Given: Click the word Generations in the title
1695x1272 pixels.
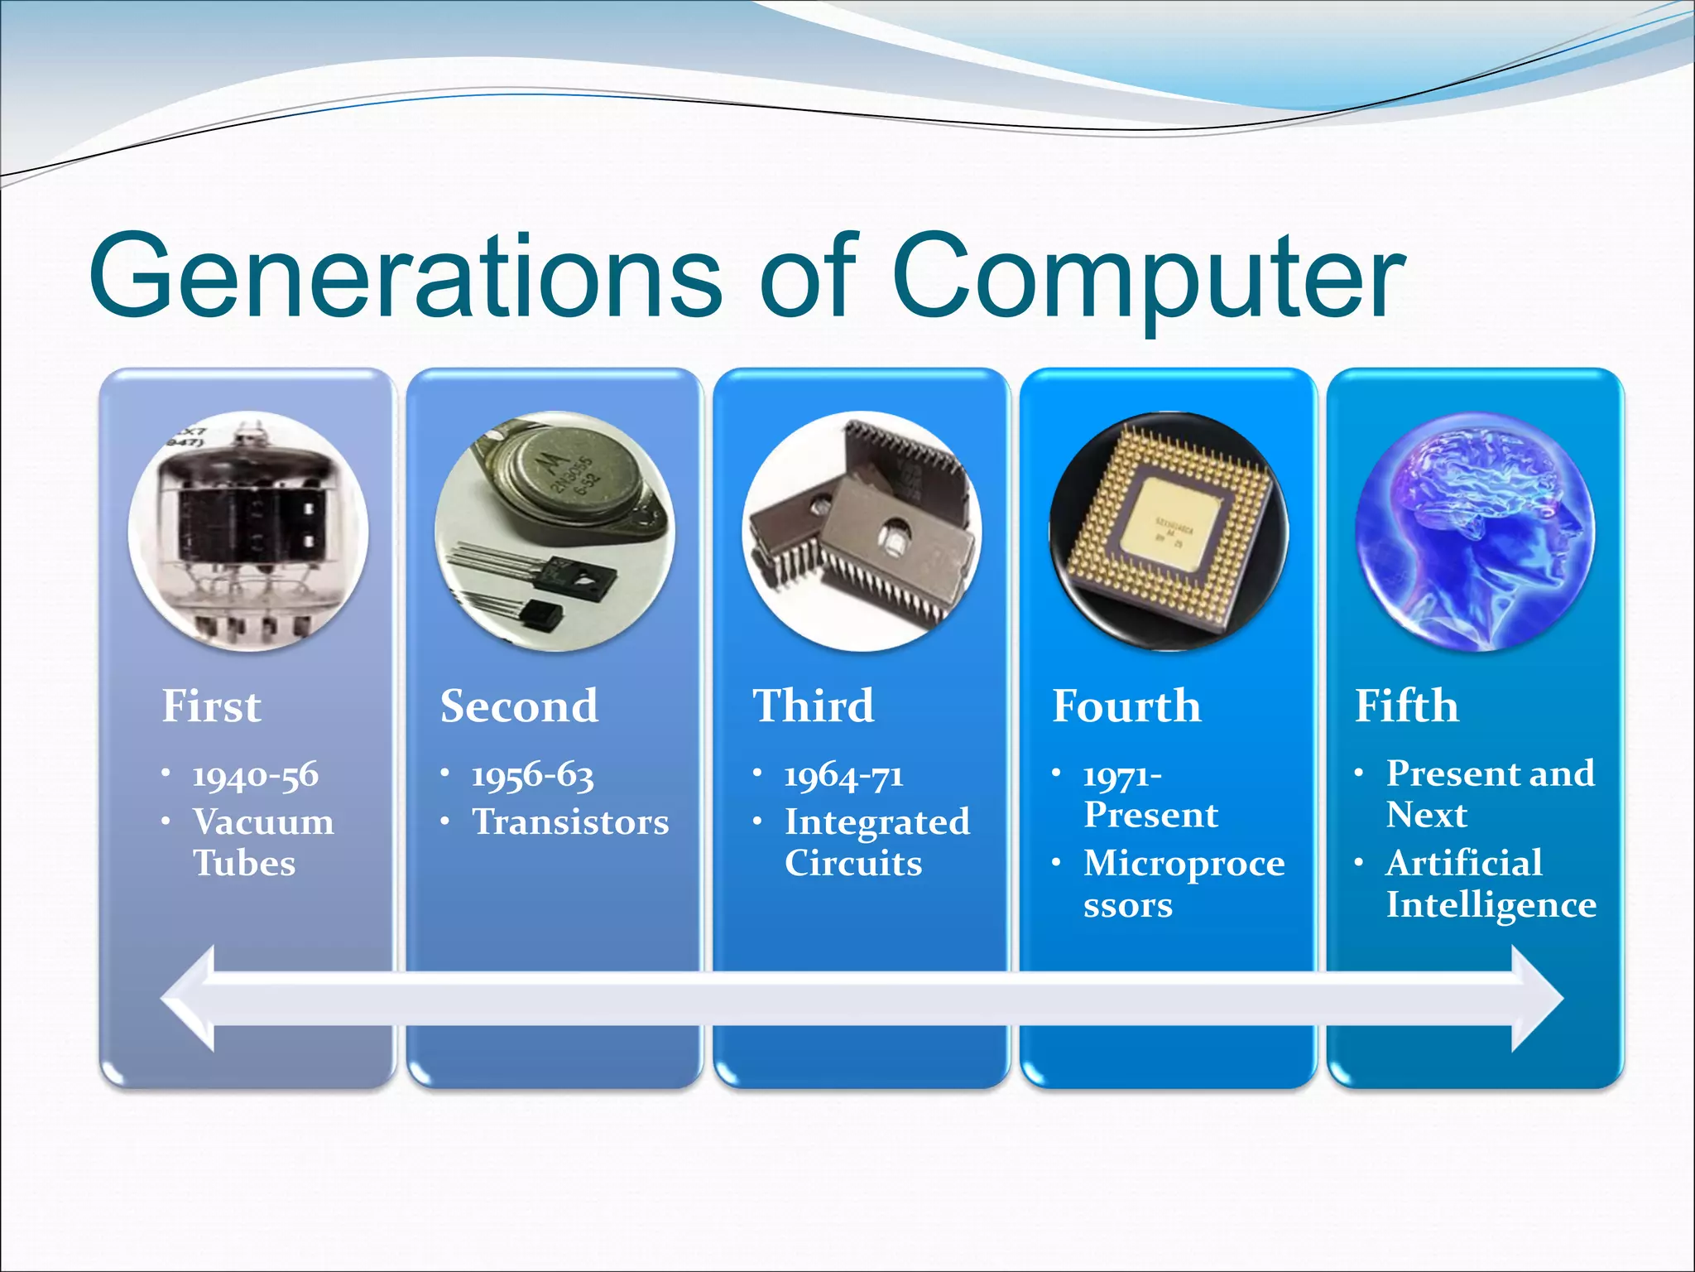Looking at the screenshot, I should coord(406,275).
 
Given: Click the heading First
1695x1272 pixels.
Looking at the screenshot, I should coord(211,706).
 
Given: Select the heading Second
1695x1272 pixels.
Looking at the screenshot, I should coord(519,706).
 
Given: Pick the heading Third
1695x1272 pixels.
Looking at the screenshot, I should coord(813,706).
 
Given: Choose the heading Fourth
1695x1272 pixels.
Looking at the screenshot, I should coord(1126,706).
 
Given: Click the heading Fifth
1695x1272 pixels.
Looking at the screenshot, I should coord(1406,706).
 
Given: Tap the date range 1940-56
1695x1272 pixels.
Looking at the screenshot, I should coord(255,775).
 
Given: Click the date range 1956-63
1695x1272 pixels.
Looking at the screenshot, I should coord(533,775).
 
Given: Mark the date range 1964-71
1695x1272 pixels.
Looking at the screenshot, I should coord(843,775).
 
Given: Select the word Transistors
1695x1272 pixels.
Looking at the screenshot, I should coord(570,821).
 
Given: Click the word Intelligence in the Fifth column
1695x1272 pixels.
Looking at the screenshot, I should coord(1491,904).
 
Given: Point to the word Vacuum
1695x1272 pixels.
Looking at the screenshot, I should coord(263,821).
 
